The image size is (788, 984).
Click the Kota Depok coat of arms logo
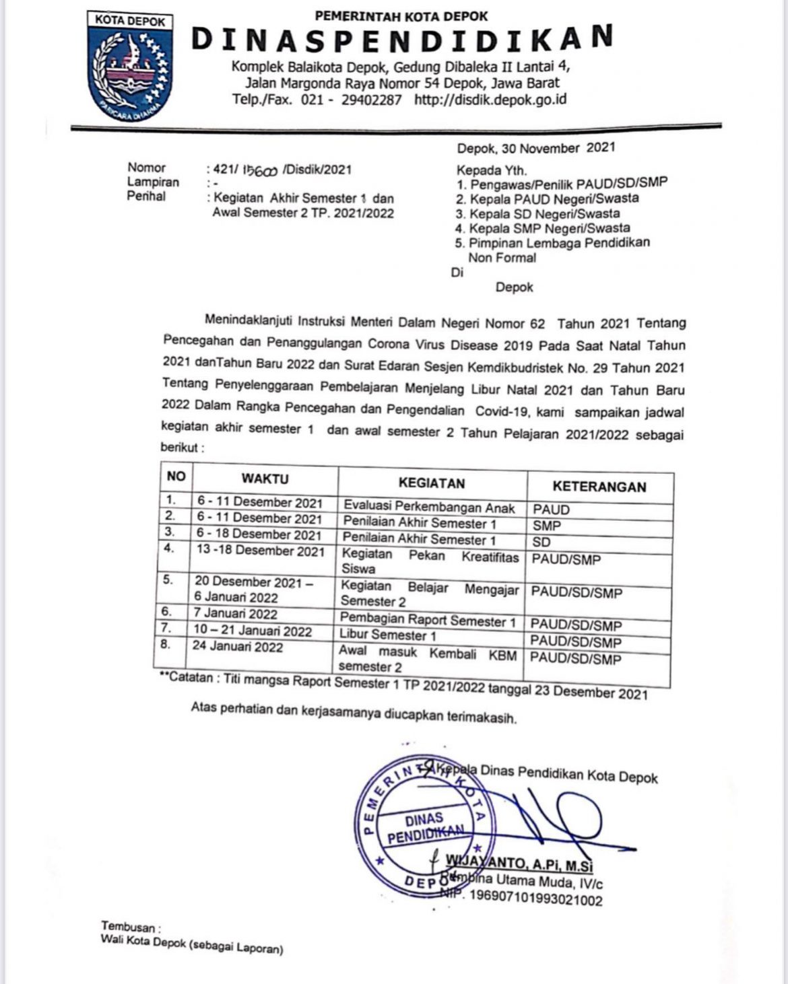tap(129, 67)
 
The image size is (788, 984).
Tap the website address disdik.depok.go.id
tap(490, 100)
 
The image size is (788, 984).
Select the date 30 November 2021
tap(536, 147)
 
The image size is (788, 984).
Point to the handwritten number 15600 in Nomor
tap(257, 170)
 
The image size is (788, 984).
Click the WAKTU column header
tap(265, 479)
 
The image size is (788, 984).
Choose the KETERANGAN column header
tap(599, 487)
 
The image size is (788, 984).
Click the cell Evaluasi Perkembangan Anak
tap(429, 507)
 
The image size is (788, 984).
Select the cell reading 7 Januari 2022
tap(235, 613)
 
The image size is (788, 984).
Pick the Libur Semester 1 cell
tap(387, 635)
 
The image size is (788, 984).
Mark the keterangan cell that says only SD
tap(541, 542)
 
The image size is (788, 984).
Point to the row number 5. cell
tap(168, 579)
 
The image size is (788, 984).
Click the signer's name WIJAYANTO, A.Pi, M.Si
tap(519, 863)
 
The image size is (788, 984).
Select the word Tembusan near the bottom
tap(128, 927)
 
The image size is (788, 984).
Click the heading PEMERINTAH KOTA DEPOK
tap(402, 15)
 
